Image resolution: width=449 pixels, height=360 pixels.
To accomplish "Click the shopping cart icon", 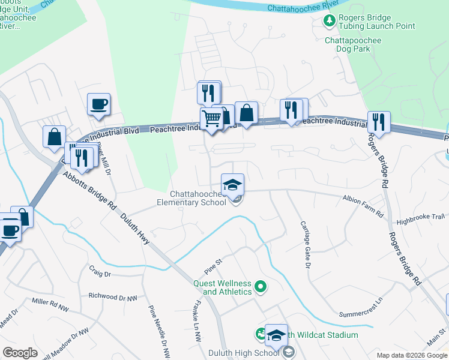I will (x=211, y=119).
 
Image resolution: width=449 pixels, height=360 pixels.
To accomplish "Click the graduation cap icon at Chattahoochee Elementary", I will (x=232, y=184).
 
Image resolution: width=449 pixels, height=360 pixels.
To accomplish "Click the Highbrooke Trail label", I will (x=420, y=217).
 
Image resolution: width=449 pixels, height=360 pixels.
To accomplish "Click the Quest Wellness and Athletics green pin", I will (x=261, y=287).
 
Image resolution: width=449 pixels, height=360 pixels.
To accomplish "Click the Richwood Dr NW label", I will (x=112, y=296).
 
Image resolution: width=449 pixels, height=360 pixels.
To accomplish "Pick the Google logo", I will (x=20, y=353).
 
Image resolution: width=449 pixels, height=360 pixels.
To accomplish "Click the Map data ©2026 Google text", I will (x=411, y=355).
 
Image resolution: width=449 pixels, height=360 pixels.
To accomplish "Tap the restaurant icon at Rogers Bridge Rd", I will (x=378, y=122).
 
